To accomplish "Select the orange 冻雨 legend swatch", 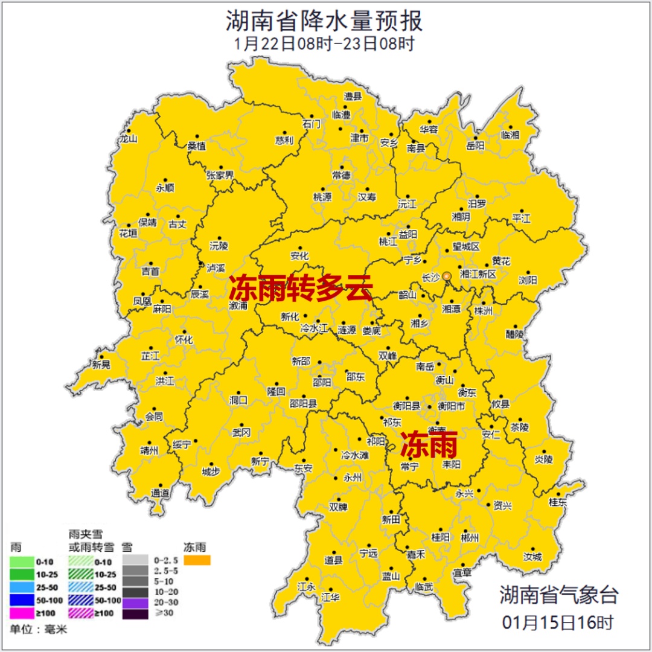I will (197, 561).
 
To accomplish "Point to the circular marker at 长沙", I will (447, 276).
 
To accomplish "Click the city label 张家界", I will (220, 175).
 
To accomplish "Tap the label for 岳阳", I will (476, 145).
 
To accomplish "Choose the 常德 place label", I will (342, 175).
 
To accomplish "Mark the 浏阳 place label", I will (527, 280).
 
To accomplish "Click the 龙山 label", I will (129, 138).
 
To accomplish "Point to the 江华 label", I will (331, 598).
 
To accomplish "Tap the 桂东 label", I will (558, 502).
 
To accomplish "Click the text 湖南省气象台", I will (558, 595).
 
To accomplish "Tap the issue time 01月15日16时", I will (558, 621).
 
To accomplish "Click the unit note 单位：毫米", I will (39, 630).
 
